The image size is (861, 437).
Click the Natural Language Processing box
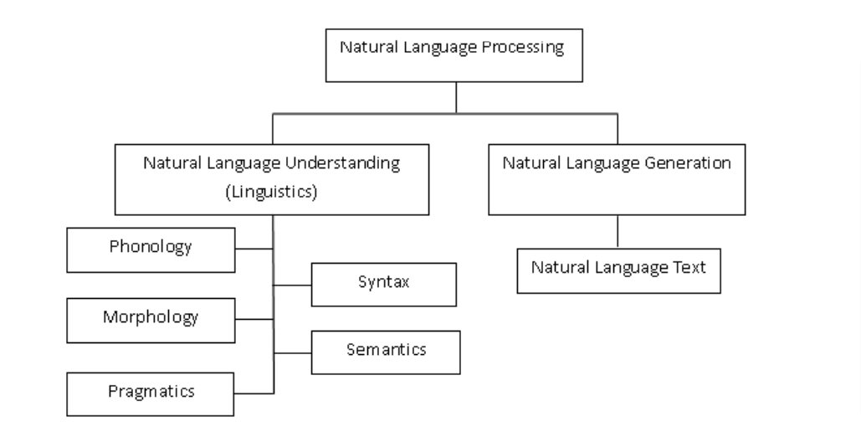click(x=454, y=55)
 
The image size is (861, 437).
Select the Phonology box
click(x=151, y=250)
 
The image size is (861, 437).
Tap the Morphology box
click(x=151, y=321)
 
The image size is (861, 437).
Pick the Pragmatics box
click(x=151, y=394)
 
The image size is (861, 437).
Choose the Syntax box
click(x=384, y=285)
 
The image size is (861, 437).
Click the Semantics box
click(x=386, y=352)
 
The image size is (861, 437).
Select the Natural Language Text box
click(x=619, y=270)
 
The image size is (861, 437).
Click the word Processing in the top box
click(x=523, y=48)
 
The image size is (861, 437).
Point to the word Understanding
click(x=343, y=164)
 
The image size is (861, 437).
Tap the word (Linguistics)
click(x=272, y=192)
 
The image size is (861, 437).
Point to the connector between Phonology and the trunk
click(x=254, y=249)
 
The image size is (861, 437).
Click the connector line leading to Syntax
click(x=293, y=285)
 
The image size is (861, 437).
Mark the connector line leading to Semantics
click(x=293, y=353)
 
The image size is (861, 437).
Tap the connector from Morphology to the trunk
click(x=254, y=319)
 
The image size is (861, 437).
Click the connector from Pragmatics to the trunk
click(x=254, y=393)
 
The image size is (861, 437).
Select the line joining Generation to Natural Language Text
click(x=618, y=231)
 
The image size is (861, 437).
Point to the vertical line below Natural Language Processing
click(x=456, y=98)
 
